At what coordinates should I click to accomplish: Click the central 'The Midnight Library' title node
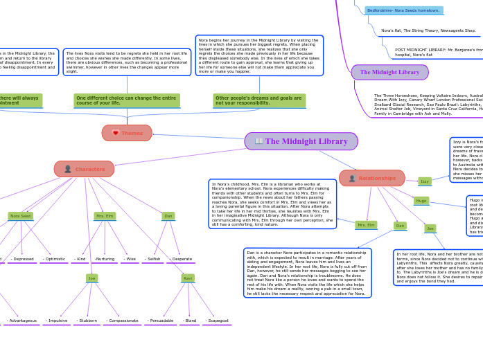click(301, 141)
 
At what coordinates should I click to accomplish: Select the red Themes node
click(127, 133)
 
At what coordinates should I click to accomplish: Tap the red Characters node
click(85, 169)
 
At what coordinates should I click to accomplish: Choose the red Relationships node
click(372, 178)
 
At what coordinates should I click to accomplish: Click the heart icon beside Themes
click(115, 133)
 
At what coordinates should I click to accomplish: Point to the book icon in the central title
click(259, 141)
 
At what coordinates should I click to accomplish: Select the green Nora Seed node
click(21, 216)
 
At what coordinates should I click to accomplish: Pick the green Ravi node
click(188, 278)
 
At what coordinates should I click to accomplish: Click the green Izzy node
click(424, 181)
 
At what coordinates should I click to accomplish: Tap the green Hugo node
click(421, 201)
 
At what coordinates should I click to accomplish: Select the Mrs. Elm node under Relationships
click(366, 225)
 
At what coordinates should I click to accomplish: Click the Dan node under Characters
click(168, 216)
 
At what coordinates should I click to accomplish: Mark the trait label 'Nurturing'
click(105, 259)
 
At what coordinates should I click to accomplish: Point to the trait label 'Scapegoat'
click(217, 321)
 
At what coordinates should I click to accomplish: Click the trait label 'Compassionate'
click(122, 321)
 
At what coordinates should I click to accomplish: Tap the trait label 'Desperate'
click(181, 259)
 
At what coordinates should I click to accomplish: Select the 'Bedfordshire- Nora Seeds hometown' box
click(403, 10)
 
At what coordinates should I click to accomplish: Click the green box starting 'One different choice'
click(127, 100)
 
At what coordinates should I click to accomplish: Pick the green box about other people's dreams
click(259, 100)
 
